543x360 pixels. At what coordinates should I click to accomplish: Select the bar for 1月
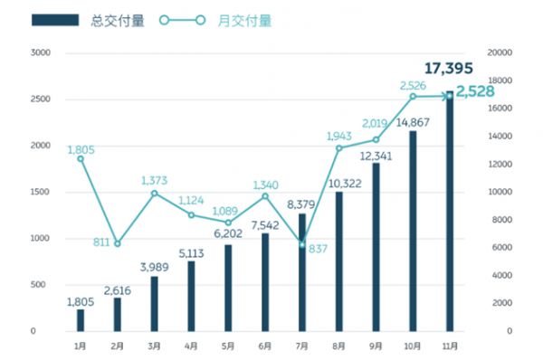pyautogui.click(x=81, y=320)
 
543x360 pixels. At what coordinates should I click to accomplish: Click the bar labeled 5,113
pyautogui.click(x=191, y=296)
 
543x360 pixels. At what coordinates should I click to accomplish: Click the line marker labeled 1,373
pyautogui.click(x=155, y=193)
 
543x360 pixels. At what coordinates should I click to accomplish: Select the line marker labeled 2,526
pyautogui.click(x=413, y=96)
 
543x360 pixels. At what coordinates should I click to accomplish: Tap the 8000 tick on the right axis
pyautogui.click(x=497, y=220)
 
